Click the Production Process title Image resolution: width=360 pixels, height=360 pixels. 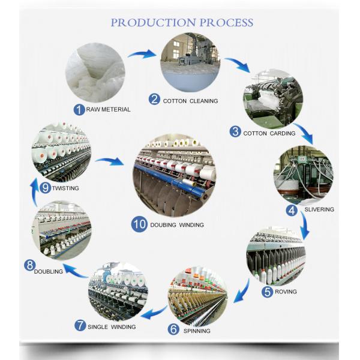182,23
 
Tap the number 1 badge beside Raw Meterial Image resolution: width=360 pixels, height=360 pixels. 78,109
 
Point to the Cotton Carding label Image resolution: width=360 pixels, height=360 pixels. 269,133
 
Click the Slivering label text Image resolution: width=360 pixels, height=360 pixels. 318,209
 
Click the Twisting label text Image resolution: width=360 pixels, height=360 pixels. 65,188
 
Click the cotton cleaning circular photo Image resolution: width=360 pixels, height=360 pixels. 189,62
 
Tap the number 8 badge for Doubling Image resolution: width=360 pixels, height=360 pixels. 29,265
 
